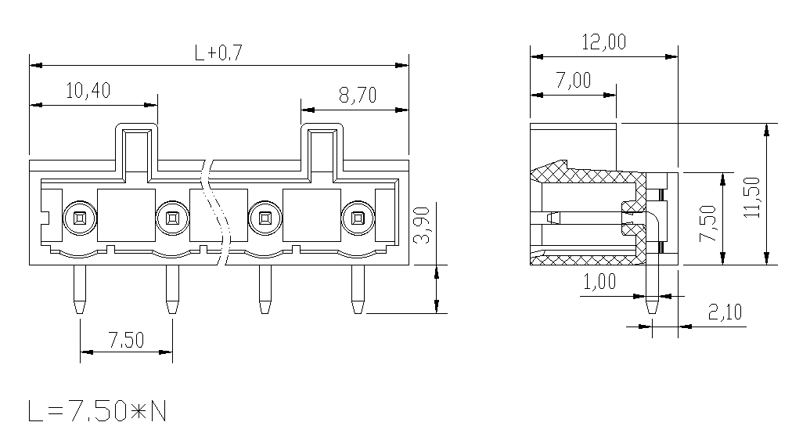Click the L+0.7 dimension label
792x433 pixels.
tap(218, 52)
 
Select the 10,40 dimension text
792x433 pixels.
tap(88, 91)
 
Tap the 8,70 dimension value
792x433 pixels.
tap(358, 95)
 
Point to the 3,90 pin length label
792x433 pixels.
tap(422, 226)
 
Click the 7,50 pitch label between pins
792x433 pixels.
tap(126, 340)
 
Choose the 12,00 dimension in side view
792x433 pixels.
tap(604, 41)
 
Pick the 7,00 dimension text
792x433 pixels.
tap(574, 80)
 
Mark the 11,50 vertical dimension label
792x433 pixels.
tap(751, 197)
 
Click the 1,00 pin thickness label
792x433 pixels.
tap(599, 281)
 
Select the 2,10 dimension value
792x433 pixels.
tap(725, 312)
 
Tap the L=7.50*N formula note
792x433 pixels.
tap(97, 411)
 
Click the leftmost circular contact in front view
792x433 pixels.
tap(80, 218)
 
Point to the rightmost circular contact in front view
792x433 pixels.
tap(358, 218)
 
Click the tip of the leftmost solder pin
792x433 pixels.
tap(80, 312)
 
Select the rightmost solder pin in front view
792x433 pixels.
tap(358, 290)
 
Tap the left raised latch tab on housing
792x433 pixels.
tap(136, 152)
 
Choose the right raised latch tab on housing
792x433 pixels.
tap(322, 152)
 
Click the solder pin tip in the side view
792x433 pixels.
tap(652, 312)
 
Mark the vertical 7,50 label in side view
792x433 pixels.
tap(707, 223)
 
